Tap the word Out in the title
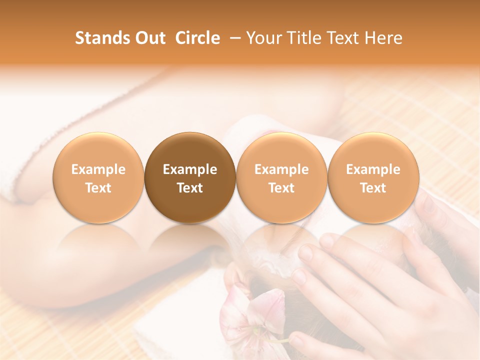150,38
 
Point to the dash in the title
233,38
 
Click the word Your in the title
263,38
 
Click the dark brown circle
190,177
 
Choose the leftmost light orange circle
98,177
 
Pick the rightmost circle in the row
373,177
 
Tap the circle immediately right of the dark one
281,177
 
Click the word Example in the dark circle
190,169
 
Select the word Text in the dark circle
190,188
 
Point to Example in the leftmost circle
98,169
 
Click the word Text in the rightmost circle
373,188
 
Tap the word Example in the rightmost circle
373,169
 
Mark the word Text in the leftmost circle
98,188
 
